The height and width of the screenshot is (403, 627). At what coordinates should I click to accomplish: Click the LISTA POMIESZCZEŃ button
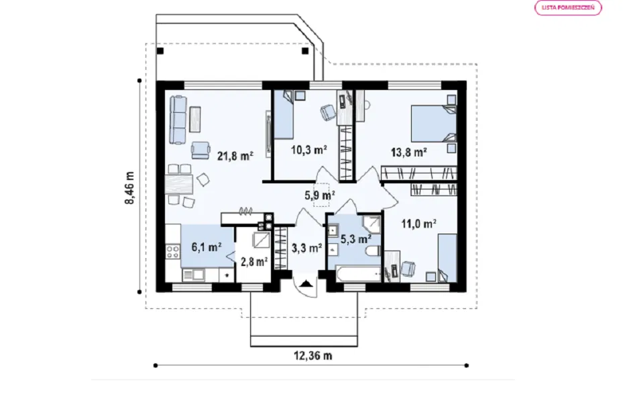[x=568, y=7]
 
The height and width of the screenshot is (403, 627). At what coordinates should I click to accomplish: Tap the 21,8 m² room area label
[x=235, y=155]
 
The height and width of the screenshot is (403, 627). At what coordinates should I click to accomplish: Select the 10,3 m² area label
[x=308, y=150]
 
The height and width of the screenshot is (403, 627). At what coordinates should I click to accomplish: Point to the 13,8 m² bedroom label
[x=408, y=152]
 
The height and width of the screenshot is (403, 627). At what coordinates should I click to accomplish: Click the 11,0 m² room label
[x=418, y=224]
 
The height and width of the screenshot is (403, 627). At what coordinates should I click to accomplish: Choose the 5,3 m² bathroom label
[x=355, y=238]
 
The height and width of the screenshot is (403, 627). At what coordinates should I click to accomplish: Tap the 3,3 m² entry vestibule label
[x=306, y=249]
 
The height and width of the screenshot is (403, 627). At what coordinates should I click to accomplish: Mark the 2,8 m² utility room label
[x=254, y=261]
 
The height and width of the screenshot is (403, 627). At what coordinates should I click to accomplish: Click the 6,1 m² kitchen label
[x=207, y=247]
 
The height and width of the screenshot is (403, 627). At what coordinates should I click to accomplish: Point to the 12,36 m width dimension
[x=313, y=355]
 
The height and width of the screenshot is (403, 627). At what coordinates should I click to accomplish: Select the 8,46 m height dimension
[x=129, y=188]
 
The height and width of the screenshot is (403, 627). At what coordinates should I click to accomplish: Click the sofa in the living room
[x=178, y=120]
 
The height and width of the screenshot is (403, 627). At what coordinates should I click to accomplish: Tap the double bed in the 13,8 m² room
[x=433, y=124]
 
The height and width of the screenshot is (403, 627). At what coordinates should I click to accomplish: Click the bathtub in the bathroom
[x=359, y=273]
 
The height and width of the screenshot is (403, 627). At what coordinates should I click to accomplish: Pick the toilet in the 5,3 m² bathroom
[x=374, y=252]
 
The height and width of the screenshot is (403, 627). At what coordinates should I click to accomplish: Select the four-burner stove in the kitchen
[x=173, y=252]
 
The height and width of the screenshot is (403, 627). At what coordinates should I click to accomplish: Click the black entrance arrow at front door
[x=306, y=283]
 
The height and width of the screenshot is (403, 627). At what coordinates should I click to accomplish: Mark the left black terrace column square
[x=160, y=51]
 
